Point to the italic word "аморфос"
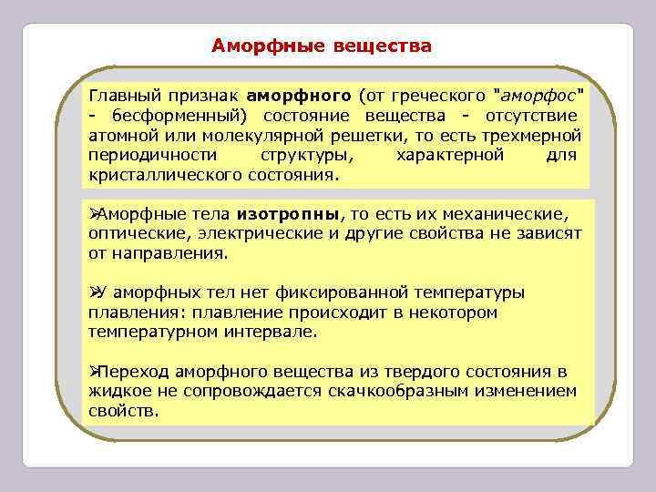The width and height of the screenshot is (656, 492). (538, 96)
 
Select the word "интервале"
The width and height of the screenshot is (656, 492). (272, 332)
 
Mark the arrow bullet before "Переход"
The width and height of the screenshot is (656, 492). (93, 372)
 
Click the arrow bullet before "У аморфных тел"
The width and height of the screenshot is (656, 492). (93, 292)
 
